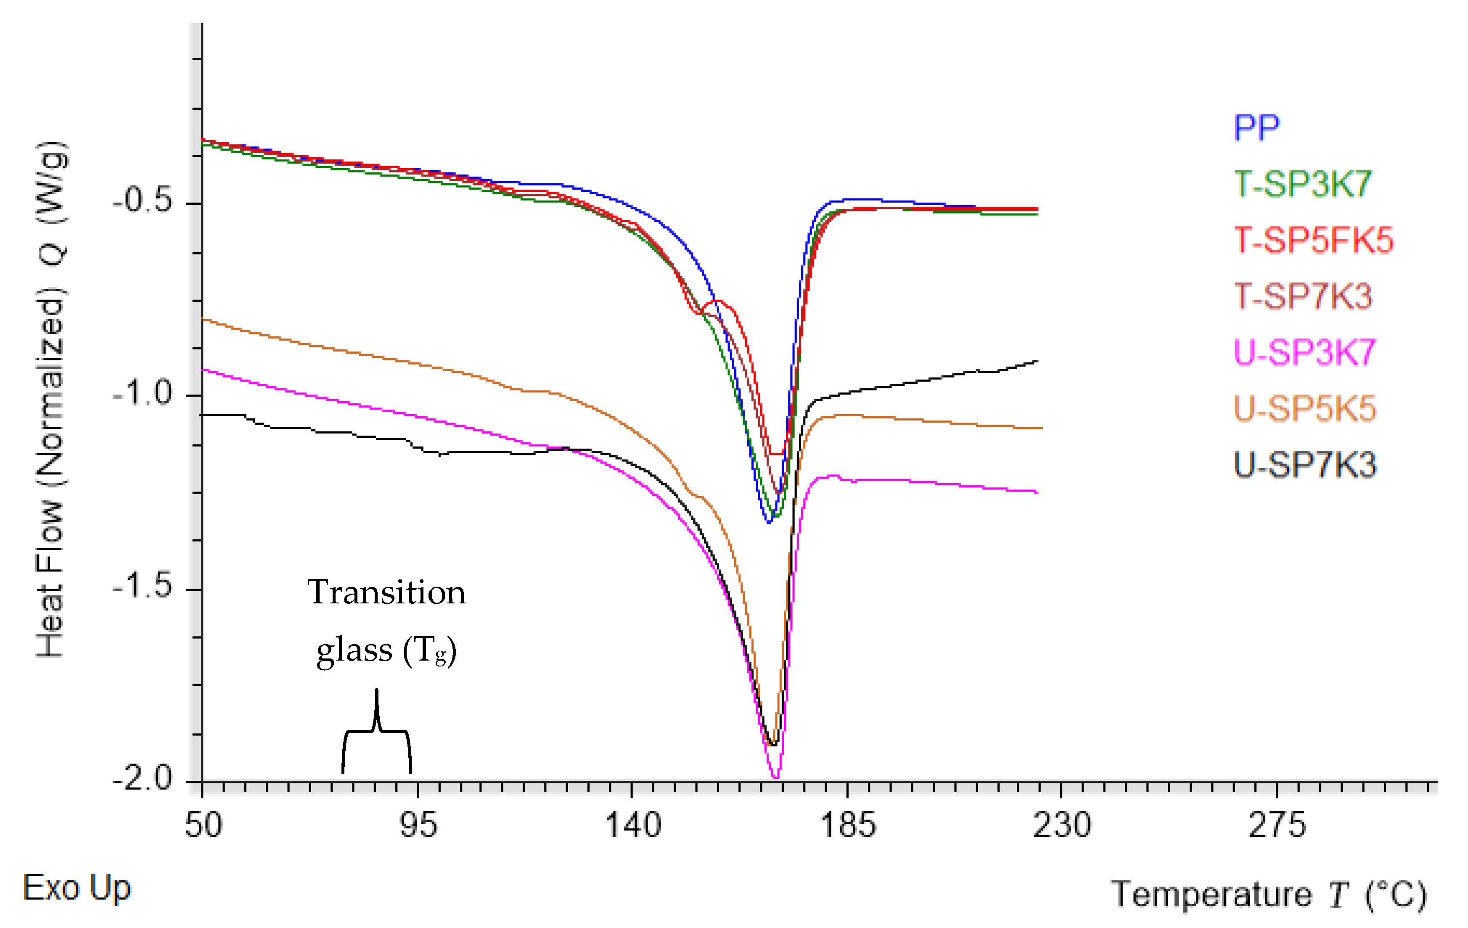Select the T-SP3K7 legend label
click(x=1303, y=184)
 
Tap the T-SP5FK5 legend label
click(x=1314, y=240)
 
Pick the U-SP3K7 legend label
click(x=1304, y=352)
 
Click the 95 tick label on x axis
click(x=418, y=825)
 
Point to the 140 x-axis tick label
click(x=633, y=825)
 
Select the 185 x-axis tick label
click(x=847, y=825)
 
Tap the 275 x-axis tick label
click(x=1277, y=825)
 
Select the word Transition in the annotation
click(x=386, y=592)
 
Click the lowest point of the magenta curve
click(x=775, y=777)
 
